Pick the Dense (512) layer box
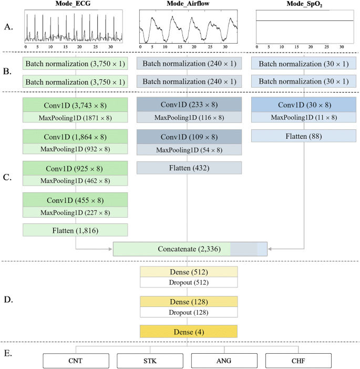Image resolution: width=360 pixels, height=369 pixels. (x=189, y=272)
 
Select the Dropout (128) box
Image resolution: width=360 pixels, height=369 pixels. (x=189, y=312)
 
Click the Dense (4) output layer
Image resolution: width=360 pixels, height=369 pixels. (x=189, y=332)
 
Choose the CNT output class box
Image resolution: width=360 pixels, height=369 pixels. (x=75, y=360)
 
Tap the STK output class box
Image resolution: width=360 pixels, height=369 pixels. (x=149, y=360)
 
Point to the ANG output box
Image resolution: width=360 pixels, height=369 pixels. (x=224, y=360)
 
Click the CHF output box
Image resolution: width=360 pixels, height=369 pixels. (x=299, y=360)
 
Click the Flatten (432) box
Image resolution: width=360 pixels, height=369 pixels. (x=189, y=168)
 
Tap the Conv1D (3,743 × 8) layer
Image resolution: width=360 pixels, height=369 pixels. (x=75, y=105)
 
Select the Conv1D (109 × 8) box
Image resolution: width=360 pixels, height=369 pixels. (x=189, y=137)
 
